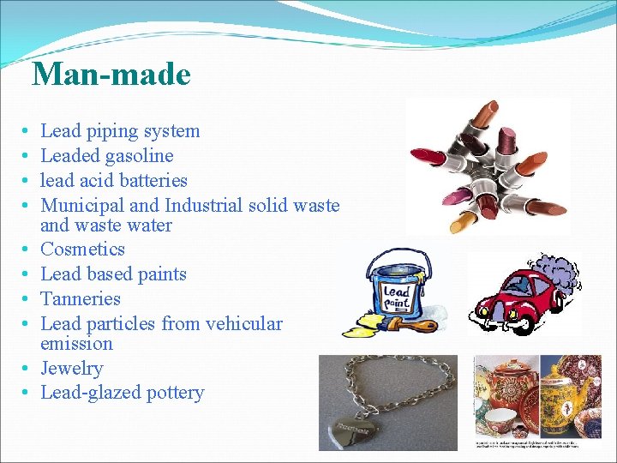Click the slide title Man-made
click(x=111, y=75)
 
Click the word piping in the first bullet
click(x=114, y=132)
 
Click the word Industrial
click(x=203, y=205)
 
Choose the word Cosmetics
click(x=83, y=250)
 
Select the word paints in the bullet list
click(x=163, y=274)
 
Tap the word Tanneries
click(x=81, y=299)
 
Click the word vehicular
click(x=243, y=323)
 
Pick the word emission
click(x=76, y=344)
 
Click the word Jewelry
click(x=71, y=369)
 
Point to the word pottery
click(x=175, y=393)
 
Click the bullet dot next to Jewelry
click(x=27, y=369)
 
